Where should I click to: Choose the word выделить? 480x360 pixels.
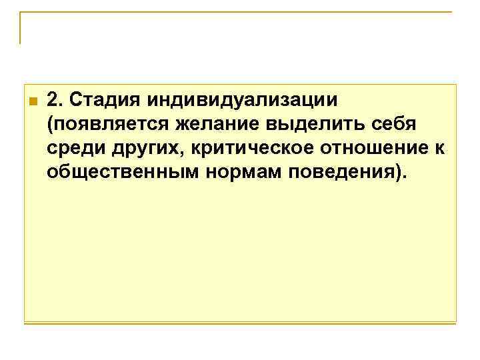tap(310, 125)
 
